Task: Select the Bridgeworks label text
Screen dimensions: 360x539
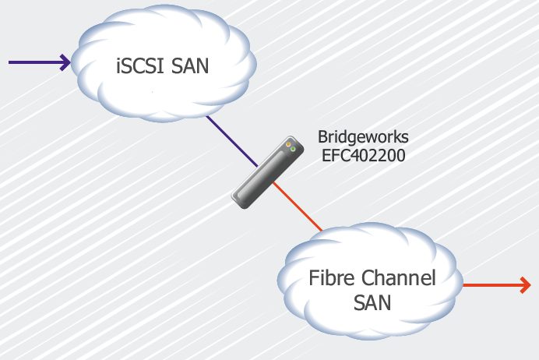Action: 363,137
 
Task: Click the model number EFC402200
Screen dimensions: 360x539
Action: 363,155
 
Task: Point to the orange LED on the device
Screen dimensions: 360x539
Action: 288,143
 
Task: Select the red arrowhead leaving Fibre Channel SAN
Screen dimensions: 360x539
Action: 525,286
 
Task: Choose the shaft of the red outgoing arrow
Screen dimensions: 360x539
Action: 491,286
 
